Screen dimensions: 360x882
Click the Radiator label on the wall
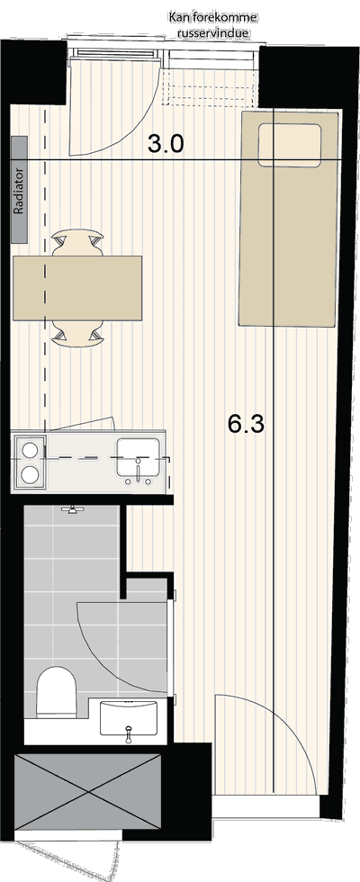click(x=19, y=190)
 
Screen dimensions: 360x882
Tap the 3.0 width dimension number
click(x=166, y=145)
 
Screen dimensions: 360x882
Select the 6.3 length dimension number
click(x=247, y=423)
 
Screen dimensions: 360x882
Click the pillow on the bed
click(x=290, y=146)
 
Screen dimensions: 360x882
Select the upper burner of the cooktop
click(x=29, y=450)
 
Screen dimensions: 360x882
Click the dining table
click(x=76, y=288)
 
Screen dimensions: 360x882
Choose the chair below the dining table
click(x=77, y=333)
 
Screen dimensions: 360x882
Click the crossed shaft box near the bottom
click(x=87, y=792)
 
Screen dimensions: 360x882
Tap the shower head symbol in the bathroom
click(x=71, y=509)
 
